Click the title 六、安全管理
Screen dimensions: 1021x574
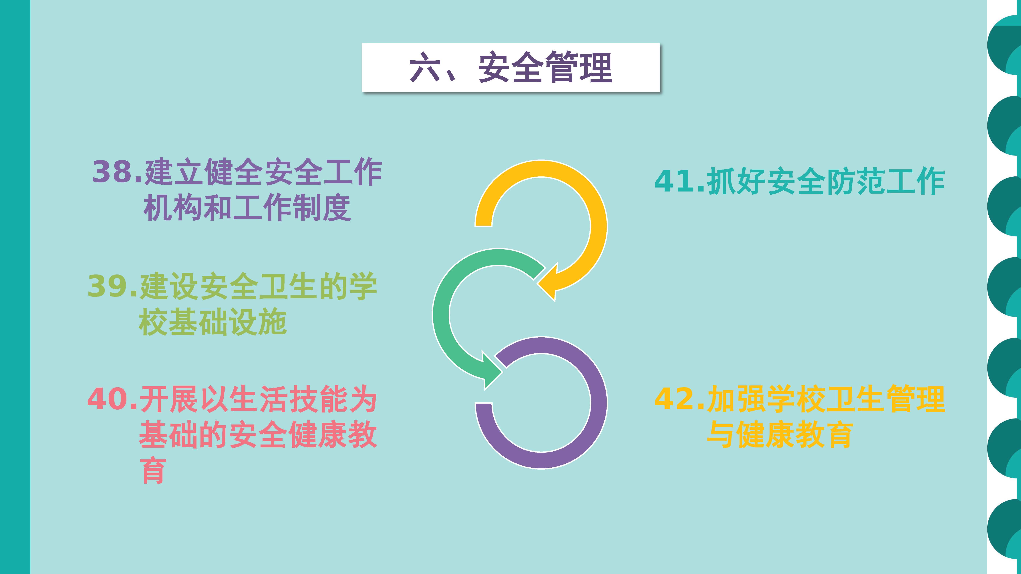pos(511,67)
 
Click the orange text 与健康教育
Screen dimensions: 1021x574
pos(780,435)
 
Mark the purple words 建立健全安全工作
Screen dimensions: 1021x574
pos(263,172)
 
